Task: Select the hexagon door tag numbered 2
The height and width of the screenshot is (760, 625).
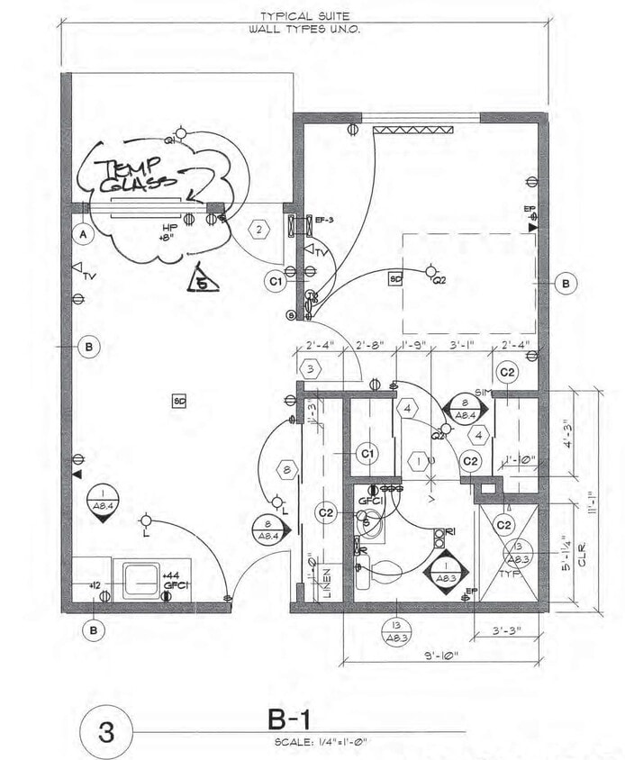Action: tap(258, 230)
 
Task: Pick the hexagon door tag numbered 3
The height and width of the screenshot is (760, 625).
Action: tap(310, 368)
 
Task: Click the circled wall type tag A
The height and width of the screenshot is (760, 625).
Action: tap(84, 234)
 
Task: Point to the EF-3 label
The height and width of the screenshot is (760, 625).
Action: tap(324, 220)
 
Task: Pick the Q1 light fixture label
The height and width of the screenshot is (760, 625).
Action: tap(168, 140)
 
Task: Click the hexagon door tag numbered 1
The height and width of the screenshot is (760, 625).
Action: tap(418, 462)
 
